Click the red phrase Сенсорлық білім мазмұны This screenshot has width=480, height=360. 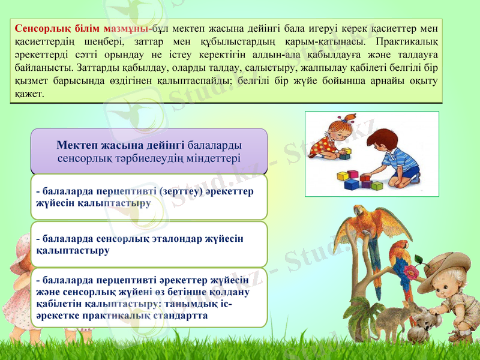[x=82, y=29]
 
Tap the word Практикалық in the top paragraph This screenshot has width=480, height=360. [x=409, y=41]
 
